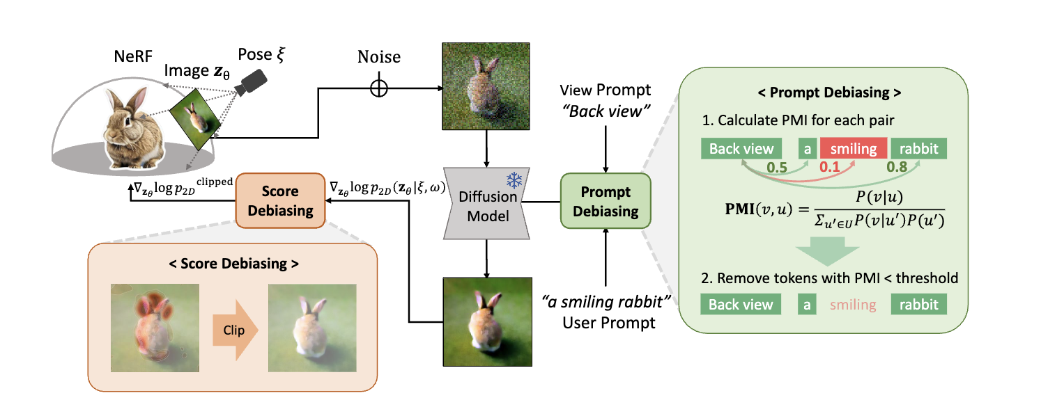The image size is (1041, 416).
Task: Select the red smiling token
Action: coord(853,148)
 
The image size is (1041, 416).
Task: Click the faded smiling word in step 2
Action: coord(853,304)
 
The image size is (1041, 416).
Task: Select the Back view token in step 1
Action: coord(741,148)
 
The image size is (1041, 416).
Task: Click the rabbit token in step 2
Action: coord(918,304)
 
